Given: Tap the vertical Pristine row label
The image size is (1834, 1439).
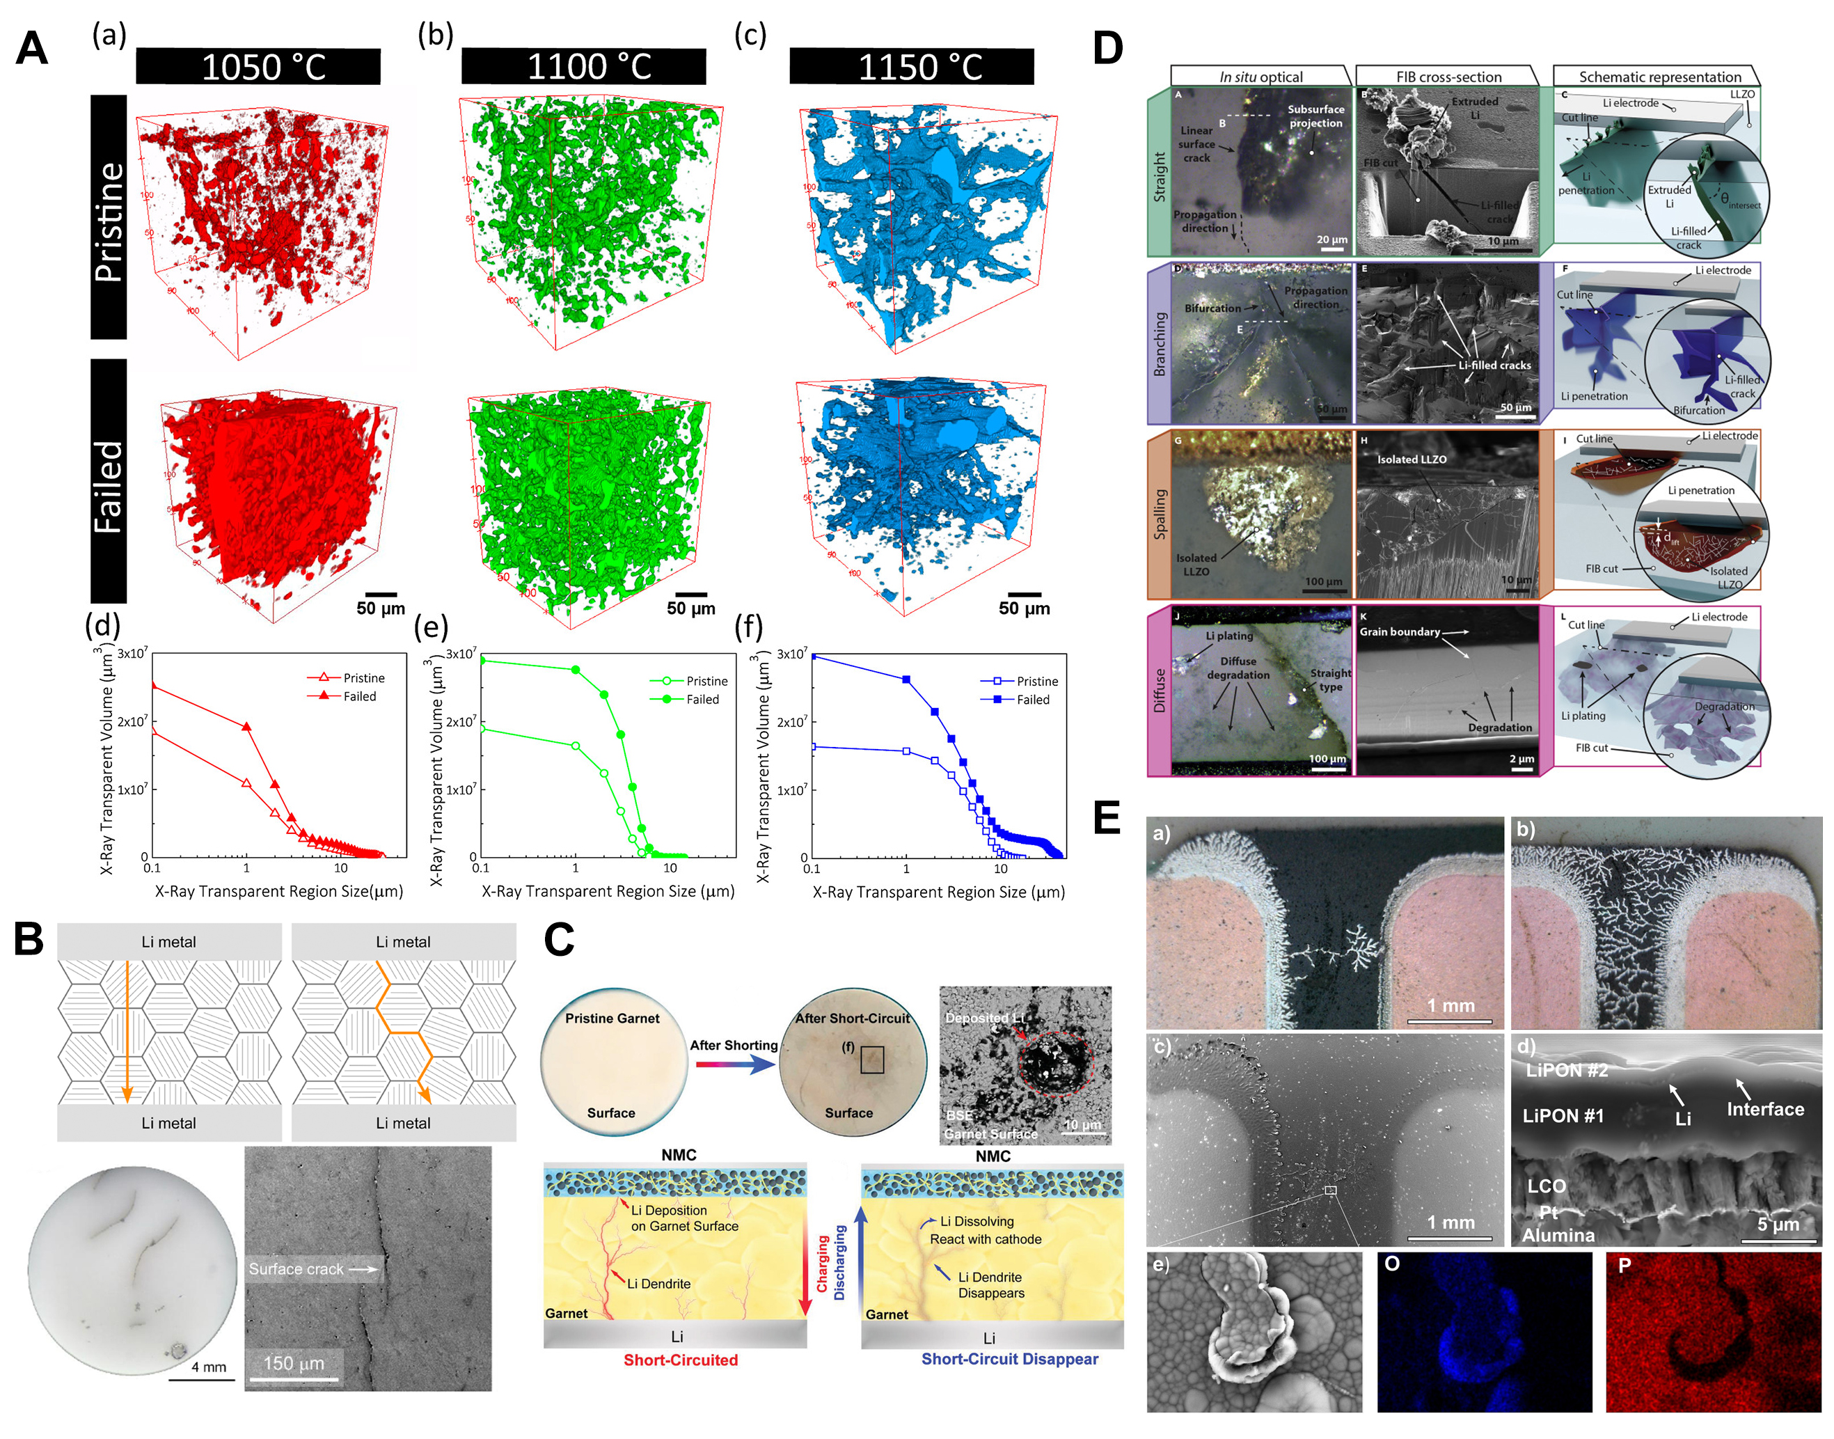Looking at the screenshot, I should (109, 221).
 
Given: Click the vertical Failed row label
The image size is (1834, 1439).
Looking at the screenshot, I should (109, 486).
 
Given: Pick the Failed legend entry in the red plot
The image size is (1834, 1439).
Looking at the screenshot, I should (359, 696).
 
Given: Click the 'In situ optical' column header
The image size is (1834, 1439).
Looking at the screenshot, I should (1260, 77).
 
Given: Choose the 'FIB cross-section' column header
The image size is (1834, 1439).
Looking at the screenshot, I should (1448, 77).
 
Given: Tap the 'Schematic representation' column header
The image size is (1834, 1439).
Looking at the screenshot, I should (1659, 77).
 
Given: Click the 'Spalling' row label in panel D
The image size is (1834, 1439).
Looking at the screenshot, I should (1160, 514).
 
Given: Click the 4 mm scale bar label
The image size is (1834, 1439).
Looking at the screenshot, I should (209, 1367).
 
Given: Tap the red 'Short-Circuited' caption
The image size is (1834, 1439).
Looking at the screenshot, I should (680, 1360).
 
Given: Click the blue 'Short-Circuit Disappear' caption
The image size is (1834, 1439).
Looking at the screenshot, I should (1009, 1359).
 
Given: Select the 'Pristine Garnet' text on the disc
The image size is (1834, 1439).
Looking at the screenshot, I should (612, 1018).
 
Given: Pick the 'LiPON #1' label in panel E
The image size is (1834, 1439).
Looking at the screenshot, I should (1562, 1115).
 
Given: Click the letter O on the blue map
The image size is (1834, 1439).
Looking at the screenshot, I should (1392, 1264).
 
